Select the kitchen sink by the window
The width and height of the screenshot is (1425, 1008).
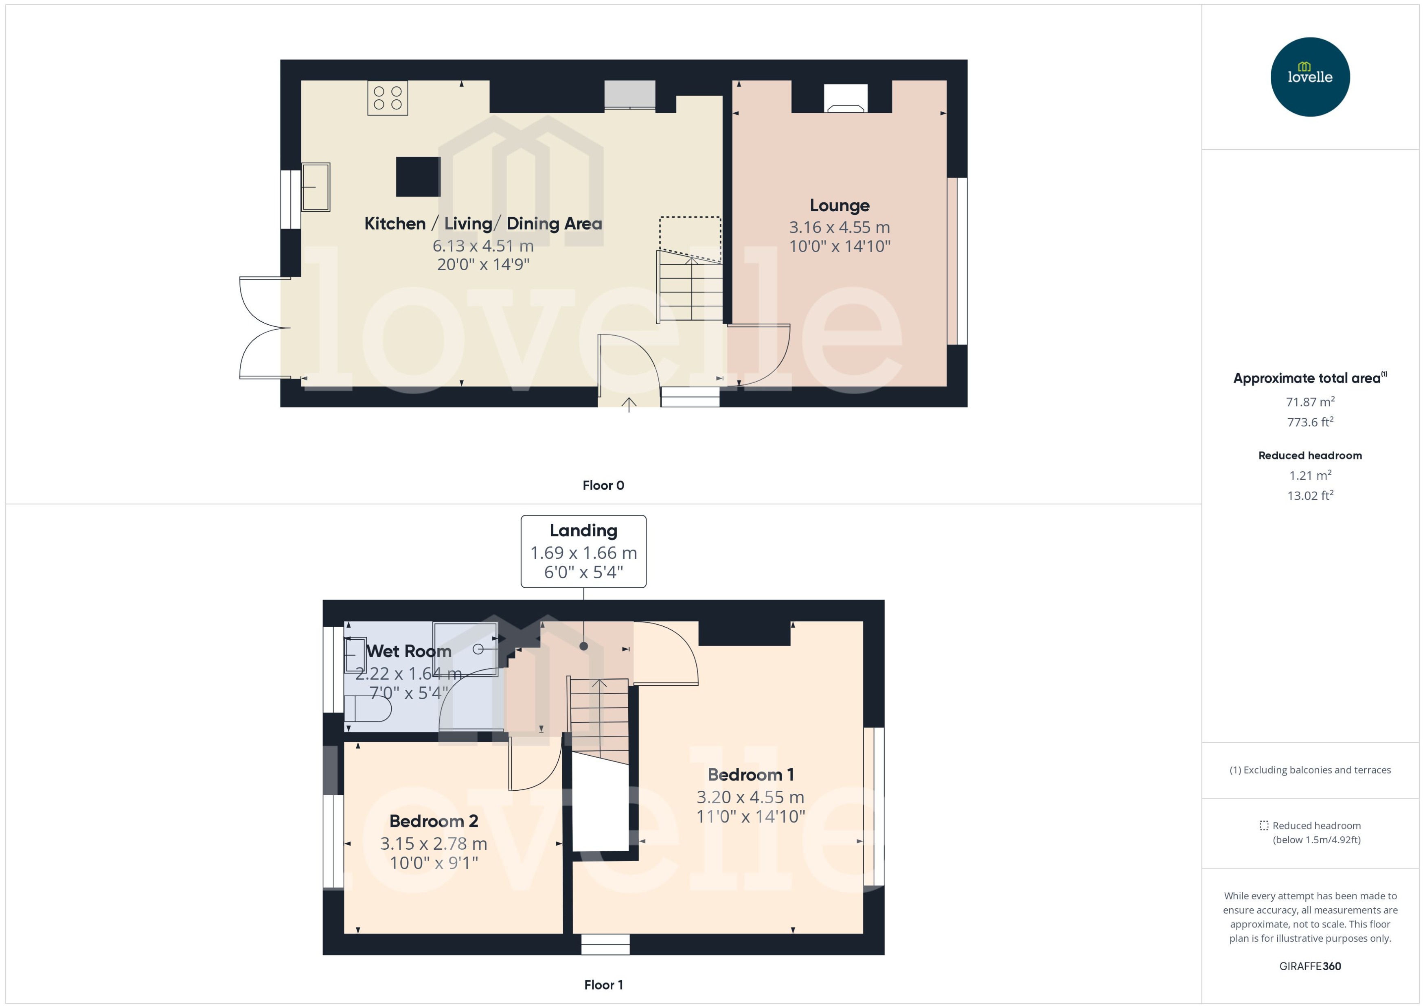pyautogui.click(x=316, y=187)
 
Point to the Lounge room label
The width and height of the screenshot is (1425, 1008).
pyautogui.click(x=840, y=206)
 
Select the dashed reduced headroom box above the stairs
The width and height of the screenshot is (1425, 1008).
pyautogui.click(x=690, y=237)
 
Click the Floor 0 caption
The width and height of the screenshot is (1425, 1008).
pyautogui.click(x=603, y=485)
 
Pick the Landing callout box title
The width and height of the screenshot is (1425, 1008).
pyautogui.click(x=583, y=531)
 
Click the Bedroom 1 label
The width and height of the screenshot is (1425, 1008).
pyautogui.click(x=750, y=775)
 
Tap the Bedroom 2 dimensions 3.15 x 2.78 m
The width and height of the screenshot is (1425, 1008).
pyautogui.click(x=433, y=844)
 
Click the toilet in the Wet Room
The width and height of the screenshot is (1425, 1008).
pyautogui.click(x=368, y=708)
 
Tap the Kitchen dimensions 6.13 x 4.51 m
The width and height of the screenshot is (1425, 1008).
pyautogui.click(x=483, y=246)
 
